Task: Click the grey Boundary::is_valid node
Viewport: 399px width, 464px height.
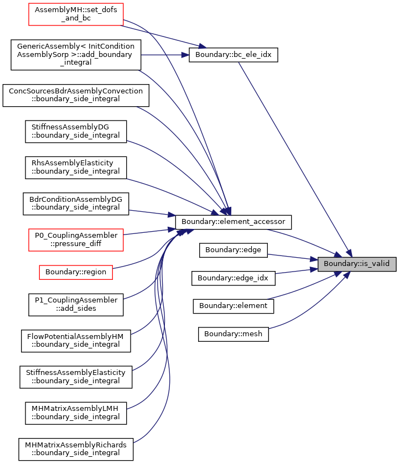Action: click(356, 264)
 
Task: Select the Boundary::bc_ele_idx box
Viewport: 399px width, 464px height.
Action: click(234, 55)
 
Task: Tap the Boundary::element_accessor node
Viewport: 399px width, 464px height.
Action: click(234, 222)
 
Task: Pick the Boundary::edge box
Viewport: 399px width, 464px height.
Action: click(234, 250)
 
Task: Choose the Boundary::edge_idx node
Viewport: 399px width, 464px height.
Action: click(234, 278)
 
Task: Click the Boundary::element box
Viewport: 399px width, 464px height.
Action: click(234, 306)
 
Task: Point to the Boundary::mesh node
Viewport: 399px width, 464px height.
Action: click(234, 334)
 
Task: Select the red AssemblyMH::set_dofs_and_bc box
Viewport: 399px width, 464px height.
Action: click(76, 14)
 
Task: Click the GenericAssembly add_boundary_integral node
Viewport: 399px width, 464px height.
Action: click(76, 55)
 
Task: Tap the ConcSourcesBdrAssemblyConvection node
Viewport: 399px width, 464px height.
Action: click(76, 95)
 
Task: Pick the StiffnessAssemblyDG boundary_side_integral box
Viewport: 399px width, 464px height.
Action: click(76, 132)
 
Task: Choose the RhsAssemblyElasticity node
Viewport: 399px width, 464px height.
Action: click(76, 168)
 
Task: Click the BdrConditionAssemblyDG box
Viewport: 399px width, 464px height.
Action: click(76, 204)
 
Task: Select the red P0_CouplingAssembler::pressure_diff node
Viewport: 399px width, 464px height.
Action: click(76, 239)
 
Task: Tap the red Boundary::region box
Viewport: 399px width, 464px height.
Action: click(76, 272)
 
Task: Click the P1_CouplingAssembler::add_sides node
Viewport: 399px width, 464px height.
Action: click(76, 305)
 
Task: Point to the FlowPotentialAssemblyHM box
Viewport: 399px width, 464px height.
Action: click(76, 341)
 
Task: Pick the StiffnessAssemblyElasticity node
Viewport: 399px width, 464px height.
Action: click(76, 377)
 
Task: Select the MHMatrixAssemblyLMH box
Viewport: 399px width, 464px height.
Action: click(76, 413)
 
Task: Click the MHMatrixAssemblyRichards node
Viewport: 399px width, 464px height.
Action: click(76, 449)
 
